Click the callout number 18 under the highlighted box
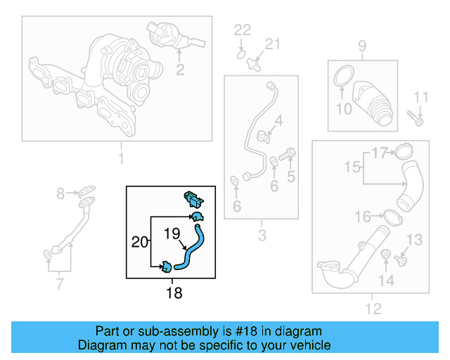tap(173, 292)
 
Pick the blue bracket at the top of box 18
tap(193, 197)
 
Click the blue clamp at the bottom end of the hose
tap(167, 266)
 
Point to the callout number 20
tap(140, 242)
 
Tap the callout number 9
tap(362, 47)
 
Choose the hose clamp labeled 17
tap(403, 151)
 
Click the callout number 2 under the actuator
tap(180, 69)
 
